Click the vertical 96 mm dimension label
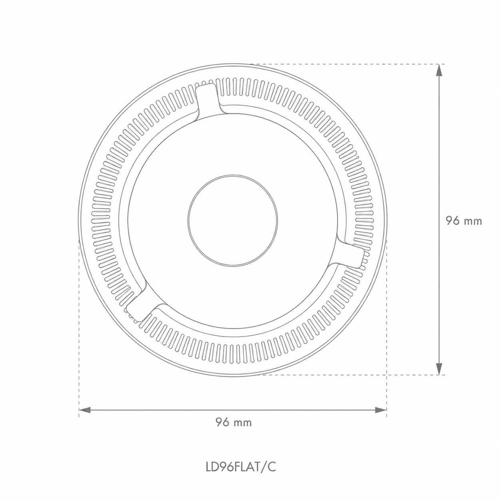pos(464,221)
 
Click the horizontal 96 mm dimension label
pos(234,422)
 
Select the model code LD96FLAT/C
pos(241,466)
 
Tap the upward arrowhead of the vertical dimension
pos(439,70)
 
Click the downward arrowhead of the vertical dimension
pos(439,368)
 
